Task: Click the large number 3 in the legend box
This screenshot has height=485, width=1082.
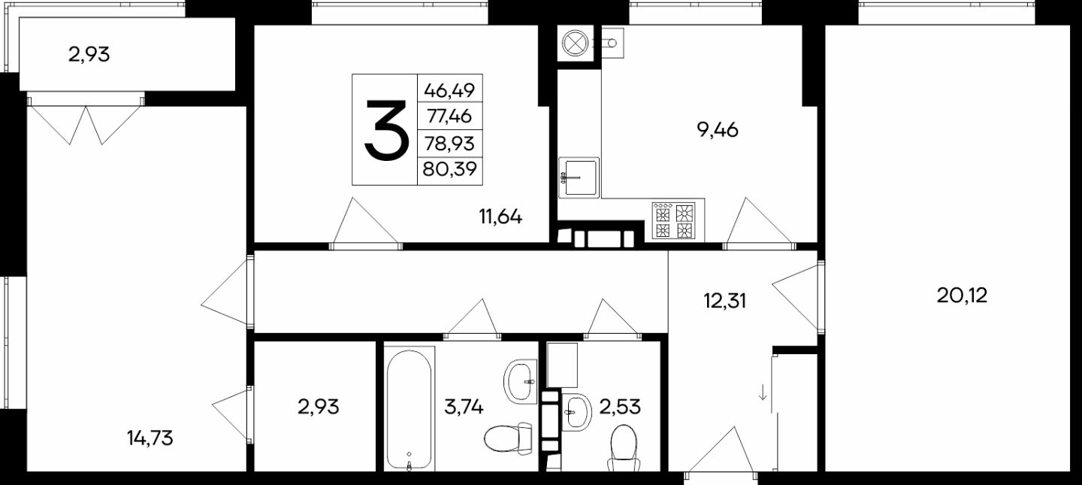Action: pyautogui.click(x=385, y=129)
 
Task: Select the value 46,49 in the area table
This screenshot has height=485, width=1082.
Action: pyautogui.click(x=449, y=90)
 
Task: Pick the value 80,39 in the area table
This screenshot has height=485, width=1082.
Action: pyautogui.click(x=449, y=168)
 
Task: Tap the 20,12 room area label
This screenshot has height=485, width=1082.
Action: pyautogui.click(x=962, y=295)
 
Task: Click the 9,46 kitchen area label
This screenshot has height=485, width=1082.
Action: pyautogui.click(x=718, y=129)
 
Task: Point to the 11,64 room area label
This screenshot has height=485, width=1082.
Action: pyautogui.click(x=500, y=216)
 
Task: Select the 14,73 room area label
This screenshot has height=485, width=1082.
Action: pyautogui.click(x=150, y=438)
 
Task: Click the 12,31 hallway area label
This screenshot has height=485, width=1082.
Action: pyautogui.click(x=724, y=301)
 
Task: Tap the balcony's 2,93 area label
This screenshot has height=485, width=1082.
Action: pyautogui.click(x=89, y=55)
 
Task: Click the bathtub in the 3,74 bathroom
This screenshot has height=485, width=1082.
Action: pyautogui.click(x=409, y=410)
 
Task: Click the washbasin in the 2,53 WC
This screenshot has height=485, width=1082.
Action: pyautogui.click(x=577, y=412)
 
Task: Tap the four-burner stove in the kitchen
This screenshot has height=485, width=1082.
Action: pyautogui.click(x=673, y=220)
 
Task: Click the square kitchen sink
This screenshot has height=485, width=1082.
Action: pyautogui.click(x=579, y=177)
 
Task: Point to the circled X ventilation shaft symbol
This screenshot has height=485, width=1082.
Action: pyautogui.click(x=575, y=43)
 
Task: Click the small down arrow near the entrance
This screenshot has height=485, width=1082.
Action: pyautogui.click(x=763, y=393)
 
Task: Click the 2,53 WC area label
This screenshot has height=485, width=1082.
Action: pyautogui.click(x=620, y=407)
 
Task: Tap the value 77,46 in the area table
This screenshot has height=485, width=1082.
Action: pyautogui.click(x=449, y=116)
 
